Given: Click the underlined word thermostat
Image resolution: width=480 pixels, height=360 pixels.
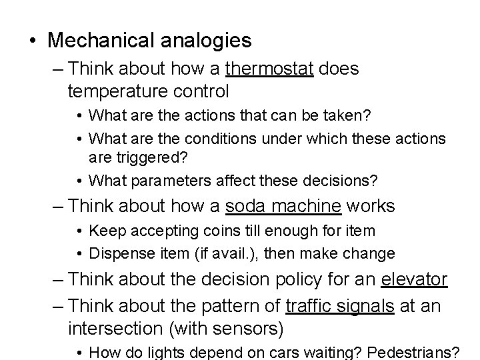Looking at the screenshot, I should [x=269, y=69].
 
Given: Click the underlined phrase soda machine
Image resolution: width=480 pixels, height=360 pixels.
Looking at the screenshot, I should [x=283, y=207].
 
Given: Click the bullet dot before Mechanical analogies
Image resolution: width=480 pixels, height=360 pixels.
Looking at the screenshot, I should [x=33, y=41].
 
